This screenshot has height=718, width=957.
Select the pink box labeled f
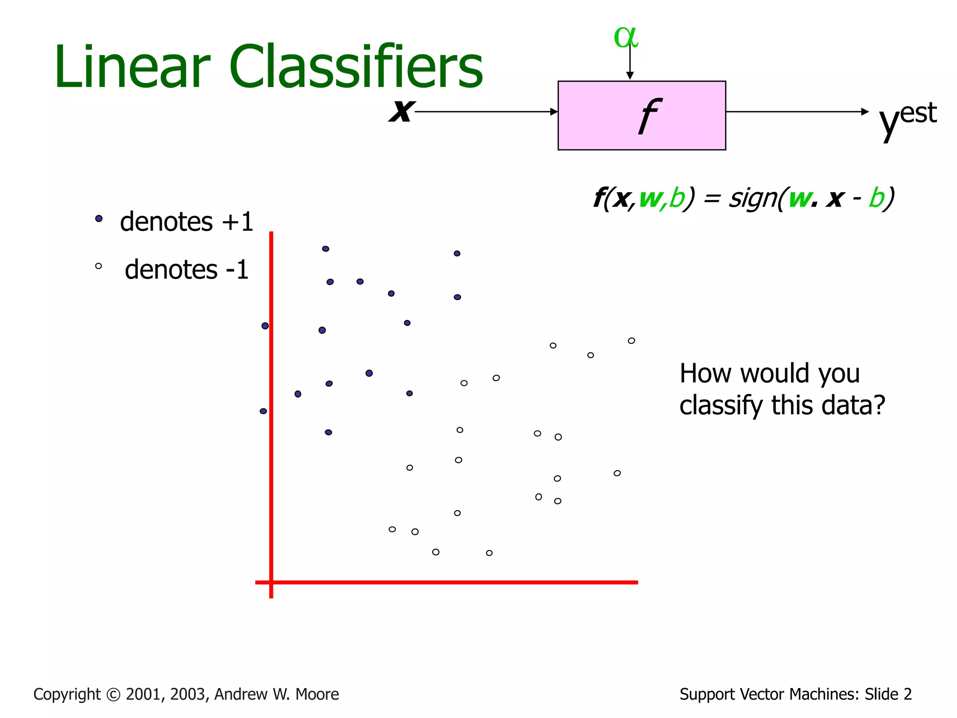641,115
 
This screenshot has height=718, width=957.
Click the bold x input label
401,111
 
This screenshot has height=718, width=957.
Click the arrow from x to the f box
486,112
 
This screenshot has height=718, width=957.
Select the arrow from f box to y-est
797,112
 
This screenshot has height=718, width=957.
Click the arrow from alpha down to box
630,63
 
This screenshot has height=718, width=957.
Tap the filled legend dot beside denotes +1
99,218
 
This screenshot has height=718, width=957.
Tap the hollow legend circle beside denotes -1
99,266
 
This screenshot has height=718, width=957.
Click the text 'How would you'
769,373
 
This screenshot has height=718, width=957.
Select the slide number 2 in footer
907,694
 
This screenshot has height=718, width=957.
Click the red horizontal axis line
449,582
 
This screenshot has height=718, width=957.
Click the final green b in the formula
877,198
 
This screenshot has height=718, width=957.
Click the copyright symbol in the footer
113,695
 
